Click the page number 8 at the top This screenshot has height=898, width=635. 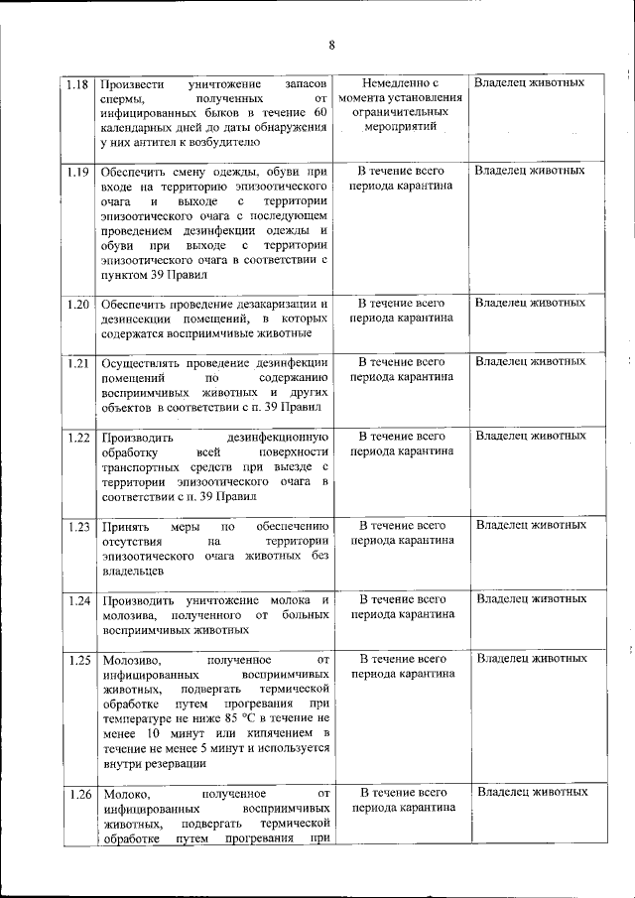click(x=331, y=45)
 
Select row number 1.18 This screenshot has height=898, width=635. click(x=78, y=83)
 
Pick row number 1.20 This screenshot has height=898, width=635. click(x=78, y=303)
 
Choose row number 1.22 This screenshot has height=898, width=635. click(x=78, y=437)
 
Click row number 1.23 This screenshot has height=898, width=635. click(x=78, y=525)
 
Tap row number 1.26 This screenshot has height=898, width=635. click(x=78, y=793)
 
